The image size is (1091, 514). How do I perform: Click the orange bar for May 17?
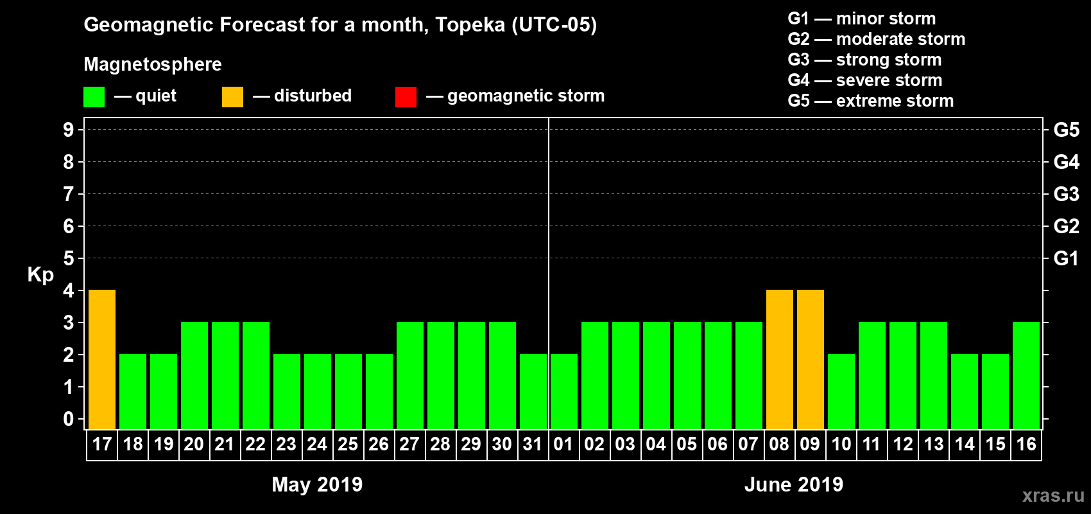(102, 359)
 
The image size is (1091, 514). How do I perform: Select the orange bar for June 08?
(780, 359)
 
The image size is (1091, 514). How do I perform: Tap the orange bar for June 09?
(811, 359)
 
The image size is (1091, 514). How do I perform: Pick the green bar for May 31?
(533, 391)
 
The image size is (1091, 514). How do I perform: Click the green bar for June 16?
(1026, 375)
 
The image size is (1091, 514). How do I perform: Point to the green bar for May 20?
(194, 375)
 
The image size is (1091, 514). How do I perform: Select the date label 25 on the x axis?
(348, 444)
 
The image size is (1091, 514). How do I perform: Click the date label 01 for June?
(563, 444)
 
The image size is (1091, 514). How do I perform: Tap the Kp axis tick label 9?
(69, 130)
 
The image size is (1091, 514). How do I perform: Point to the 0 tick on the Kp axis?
(69, 419)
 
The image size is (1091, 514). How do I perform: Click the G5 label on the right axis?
(1066, 130)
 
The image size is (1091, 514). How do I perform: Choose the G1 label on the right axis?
(1066, 258)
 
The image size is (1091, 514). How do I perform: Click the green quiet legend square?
(94, 97)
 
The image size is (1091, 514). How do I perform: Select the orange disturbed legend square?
(233, 97)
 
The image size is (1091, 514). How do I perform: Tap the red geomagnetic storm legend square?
(406, 97)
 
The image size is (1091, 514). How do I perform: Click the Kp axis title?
(40, 274)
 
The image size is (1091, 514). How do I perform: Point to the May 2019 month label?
(317, 484)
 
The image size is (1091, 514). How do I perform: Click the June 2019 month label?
(794, 484)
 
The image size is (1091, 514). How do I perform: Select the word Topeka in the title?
(470, 25)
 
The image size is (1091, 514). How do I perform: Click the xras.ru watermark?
(1053, 495)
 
